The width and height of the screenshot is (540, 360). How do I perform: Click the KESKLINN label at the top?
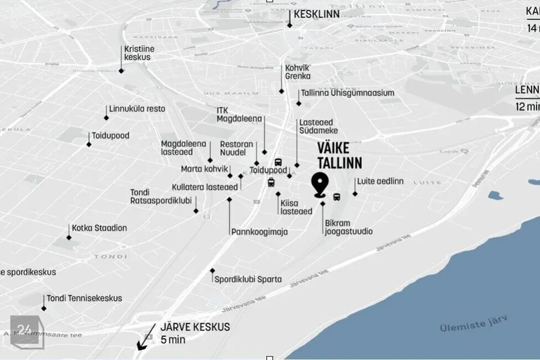[317, 14]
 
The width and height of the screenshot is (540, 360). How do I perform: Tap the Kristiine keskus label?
[139, 53]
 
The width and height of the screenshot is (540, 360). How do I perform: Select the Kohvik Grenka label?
[298, 71]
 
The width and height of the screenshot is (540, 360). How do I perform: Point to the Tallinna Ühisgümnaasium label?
[347, 93]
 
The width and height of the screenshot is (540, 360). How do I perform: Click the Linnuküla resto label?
[137, 109]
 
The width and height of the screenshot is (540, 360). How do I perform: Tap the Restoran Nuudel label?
[236, 148]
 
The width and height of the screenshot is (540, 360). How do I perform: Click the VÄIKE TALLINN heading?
[339, 156]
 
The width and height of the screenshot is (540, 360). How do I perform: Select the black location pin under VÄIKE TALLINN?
[321, 184]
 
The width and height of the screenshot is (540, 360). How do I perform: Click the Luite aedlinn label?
[380, 181]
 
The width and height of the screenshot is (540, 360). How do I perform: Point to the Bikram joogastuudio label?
[348, 227]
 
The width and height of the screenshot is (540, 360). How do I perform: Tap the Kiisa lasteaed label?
[295, 207]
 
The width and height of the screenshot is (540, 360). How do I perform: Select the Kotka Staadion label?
[99, 228]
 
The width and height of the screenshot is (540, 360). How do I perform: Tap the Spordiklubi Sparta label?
[248, 279]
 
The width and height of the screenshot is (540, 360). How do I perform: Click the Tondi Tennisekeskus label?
[84, 298]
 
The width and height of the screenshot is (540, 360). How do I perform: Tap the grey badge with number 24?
[24, 330]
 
